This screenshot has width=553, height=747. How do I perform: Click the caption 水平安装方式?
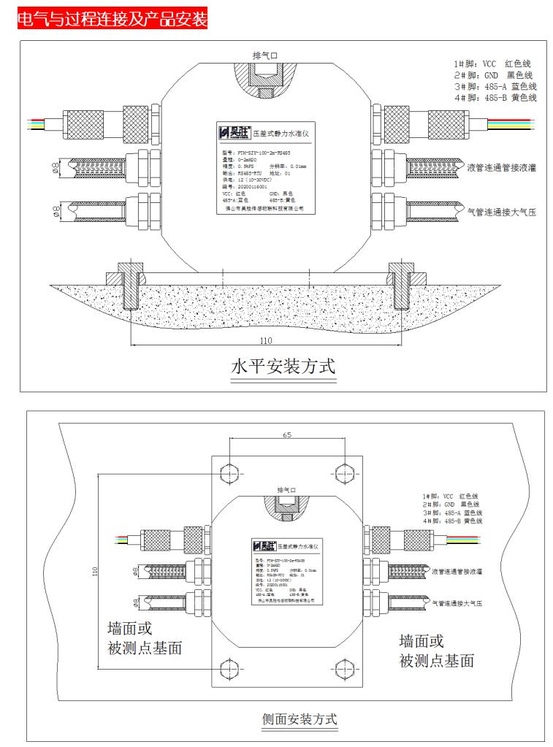click(x=283, y=365)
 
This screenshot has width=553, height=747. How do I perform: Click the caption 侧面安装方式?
click(x=300, y=719)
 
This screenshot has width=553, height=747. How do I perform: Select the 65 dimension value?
click(x=287, y=435)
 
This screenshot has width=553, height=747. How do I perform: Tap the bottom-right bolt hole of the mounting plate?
click(x=343, y=667)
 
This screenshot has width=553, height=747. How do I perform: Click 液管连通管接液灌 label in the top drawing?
click(x=501, y=167)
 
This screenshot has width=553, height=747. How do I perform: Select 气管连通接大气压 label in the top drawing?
click(x=501, y=212)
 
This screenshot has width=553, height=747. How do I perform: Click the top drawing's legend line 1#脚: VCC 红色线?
click(x=494, y=64)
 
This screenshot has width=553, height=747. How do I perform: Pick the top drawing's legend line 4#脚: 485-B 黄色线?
click(x=495, y=97)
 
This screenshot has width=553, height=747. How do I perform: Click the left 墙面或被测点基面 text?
click(x=144, y=637)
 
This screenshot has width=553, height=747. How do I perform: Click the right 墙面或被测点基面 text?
click(x=436, y=651)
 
